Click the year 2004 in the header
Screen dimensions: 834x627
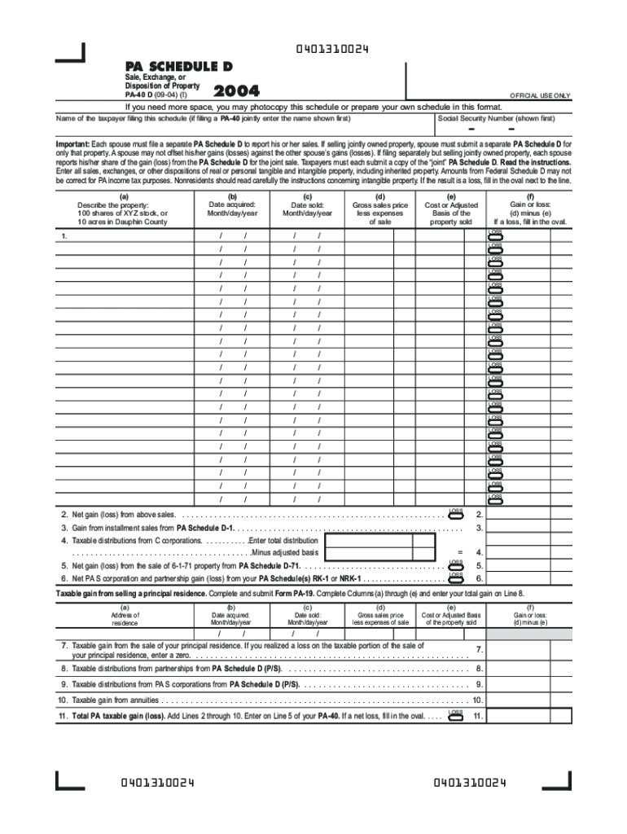tap(236, 92)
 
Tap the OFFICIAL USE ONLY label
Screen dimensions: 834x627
tap(540, 95)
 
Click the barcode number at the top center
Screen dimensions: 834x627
tap(331, 50)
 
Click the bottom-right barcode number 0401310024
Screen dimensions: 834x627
tap(470, 784)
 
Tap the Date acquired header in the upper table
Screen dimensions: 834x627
tap(232, 208)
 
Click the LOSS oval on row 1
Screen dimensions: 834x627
tap(495, 237)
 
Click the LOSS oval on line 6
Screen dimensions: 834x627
tap(456, 578)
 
